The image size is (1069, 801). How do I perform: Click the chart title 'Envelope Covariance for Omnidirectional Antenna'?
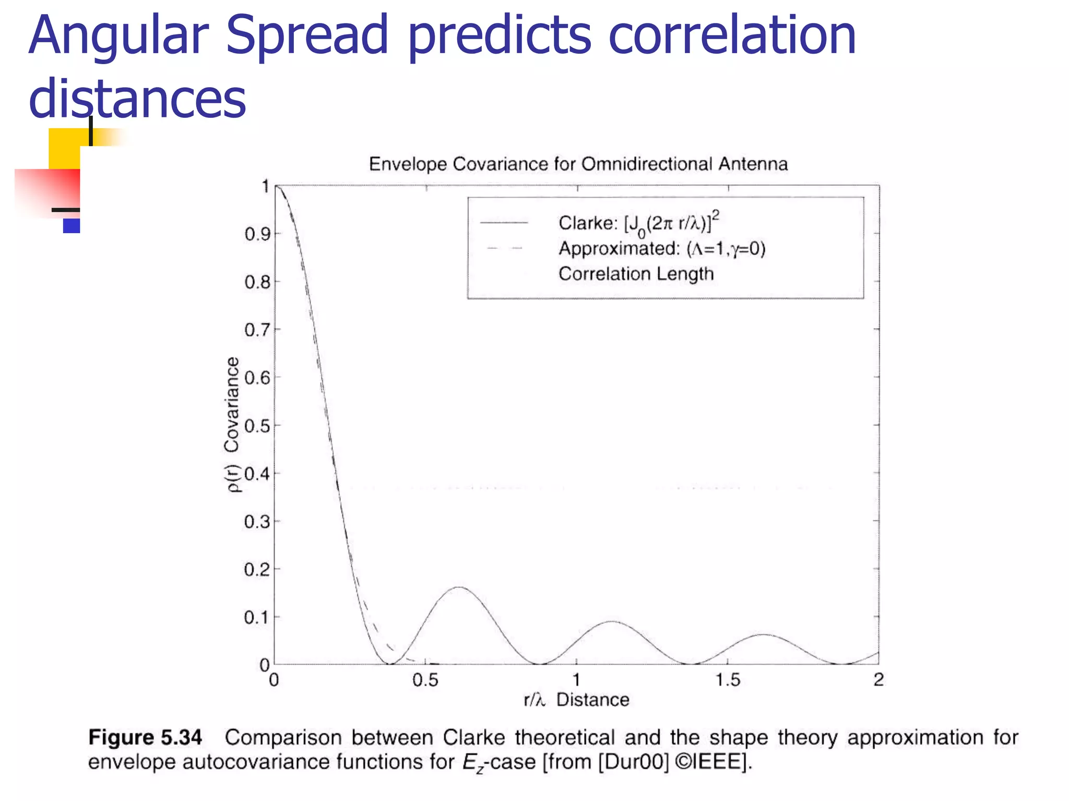click(x=578, y=164)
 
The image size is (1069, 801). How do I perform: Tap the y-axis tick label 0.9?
click(x=257, y=235)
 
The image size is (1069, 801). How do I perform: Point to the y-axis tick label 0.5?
click(x=257, y=426)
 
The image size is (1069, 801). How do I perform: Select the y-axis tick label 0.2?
click(x=257, y=570)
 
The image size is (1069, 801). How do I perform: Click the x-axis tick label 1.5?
click(x=728, y=680)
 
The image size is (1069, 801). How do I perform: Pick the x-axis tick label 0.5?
click(x=425, y=680)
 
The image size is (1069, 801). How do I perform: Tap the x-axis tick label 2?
click(x=878, y=680)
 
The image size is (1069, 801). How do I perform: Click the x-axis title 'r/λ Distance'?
click(x=576, y=700)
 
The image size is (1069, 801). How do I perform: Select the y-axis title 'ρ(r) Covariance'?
click(x=232, y=424)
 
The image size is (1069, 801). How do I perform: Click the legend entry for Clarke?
click(x=639, y=223)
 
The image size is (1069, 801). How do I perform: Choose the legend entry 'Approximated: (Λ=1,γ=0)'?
click(x=662, y=249)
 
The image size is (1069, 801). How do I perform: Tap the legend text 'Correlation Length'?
click(x=636, y=274)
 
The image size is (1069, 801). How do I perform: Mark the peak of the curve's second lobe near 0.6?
click(x=458, y=587)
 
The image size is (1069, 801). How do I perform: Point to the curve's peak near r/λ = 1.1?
click(x=612, y=622)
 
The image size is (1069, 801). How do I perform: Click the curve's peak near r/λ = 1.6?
click(x=763, y=635)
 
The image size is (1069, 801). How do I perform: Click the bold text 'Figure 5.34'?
click(x=145, y=737)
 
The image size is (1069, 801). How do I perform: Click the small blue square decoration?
click(x=72, y=226)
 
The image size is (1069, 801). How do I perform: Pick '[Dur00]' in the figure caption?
click(x=633, y=762)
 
